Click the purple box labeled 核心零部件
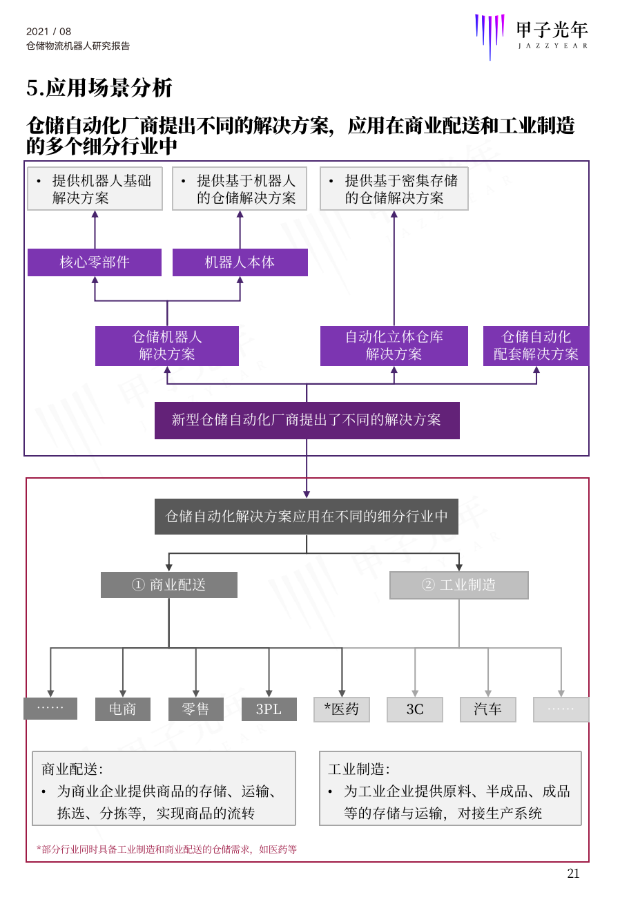click(x=95, y=262)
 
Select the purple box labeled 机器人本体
click(x=240, y=262)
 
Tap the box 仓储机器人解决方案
click(x=167, y=346)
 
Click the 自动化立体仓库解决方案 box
click(x=394, y=346)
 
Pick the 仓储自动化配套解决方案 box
click(x=536, y=346)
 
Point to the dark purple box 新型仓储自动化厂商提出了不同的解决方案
click(x=307, y=421)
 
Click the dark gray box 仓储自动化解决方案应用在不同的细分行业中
click(x=307, y=517)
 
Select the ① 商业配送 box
click(x=169, y=585)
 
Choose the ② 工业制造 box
click(x=459, y=585)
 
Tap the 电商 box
click(x=123, y=709)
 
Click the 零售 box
click(x=195, y=709)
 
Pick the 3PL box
click(x=269, y=709)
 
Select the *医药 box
click(x=342, y=709)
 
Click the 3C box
click(x=415, y=709)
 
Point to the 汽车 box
click(x=488, y=709)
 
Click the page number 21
click(x=573, y=874)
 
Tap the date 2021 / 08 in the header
click(x=49, y=31)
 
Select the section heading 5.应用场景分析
click(x=99, y=88)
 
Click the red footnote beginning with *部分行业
click(x=166, y=850)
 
